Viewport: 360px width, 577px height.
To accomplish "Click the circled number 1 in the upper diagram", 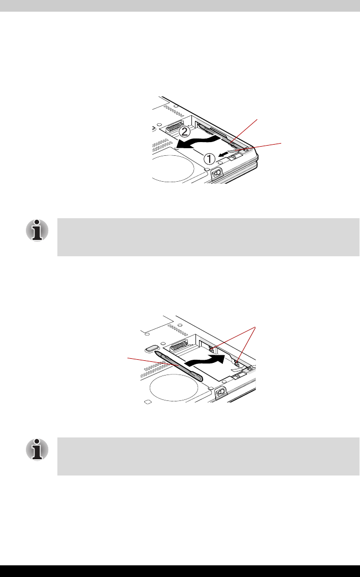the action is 209,159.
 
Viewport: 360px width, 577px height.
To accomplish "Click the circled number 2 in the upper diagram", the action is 184,131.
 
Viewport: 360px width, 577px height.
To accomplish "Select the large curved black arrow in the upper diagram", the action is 199,141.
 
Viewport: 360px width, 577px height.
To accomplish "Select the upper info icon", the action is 37,231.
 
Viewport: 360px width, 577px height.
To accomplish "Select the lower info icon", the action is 37,450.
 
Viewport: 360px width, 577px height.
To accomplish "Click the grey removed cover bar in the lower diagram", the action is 179,366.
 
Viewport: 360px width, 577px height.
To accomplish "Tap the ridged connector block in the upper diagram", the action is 175,126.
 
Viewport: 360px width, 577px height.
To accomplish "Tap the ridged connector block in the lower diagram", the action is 179,346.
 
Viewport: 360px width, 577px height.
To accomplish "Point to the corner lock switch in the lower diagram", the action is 221,393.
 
